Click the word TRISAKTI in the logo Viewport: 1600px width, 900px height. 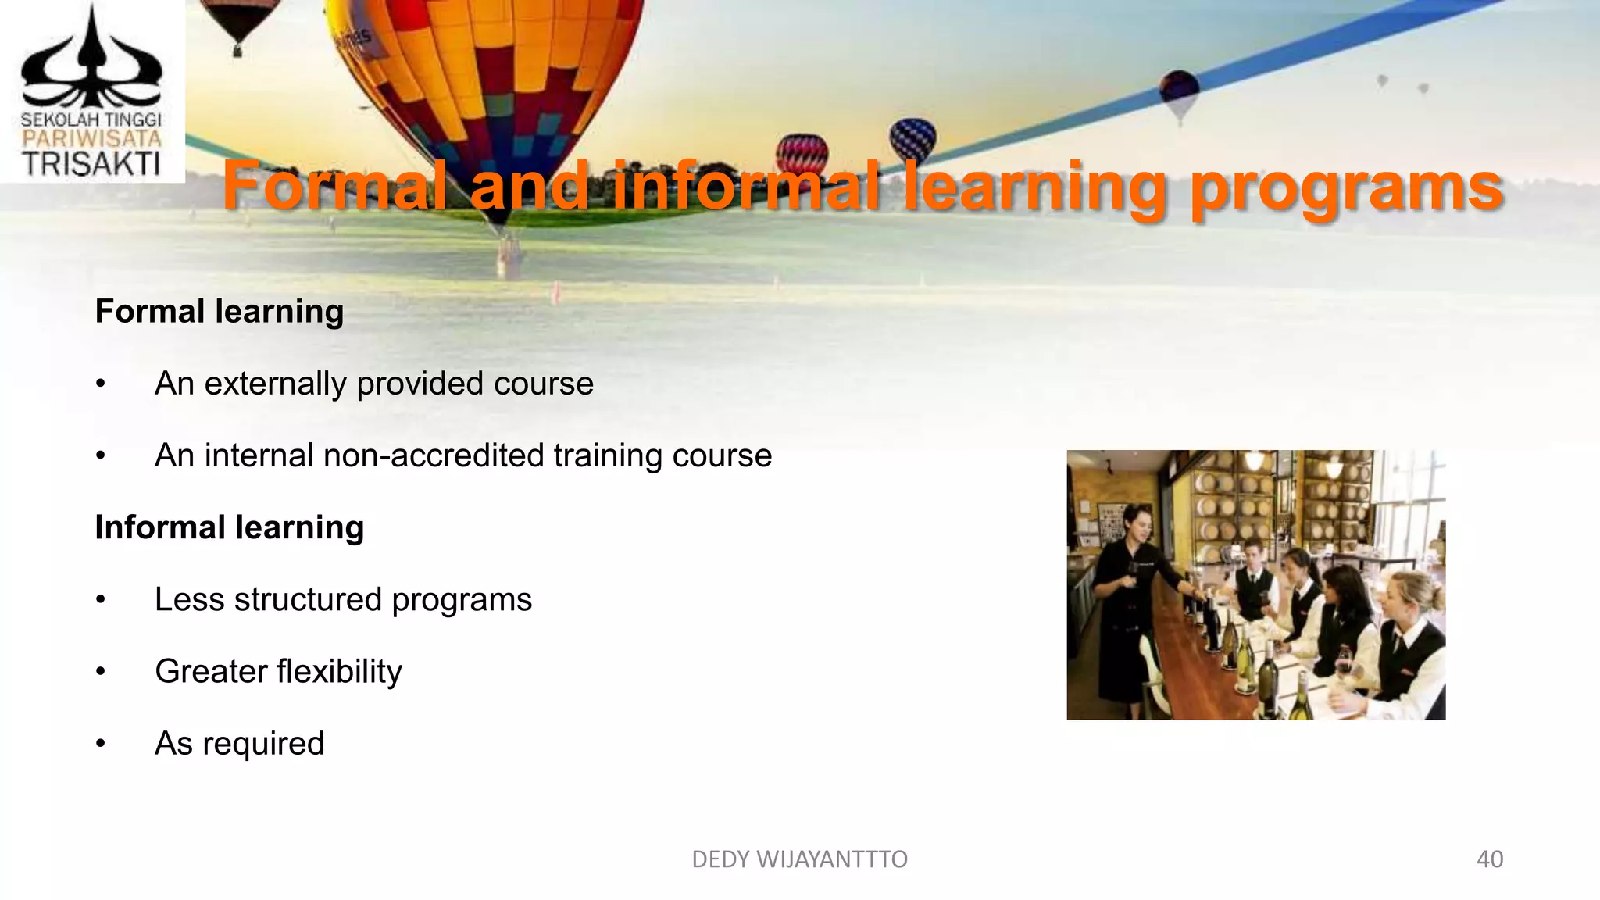[91, 165]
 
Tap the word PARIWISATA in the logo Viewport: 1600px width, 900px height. [91, 139]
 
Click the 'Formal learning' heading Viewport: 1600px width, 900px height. [219, 311]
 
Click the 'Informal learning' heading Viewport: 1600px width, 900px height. [229, 527]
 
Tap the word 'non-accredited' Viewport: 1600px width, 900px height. [433, 455]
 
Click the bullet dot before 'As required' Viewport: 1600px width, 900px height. [100, 744]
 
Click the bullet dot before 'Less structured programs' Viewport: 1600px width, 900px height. [100, 600]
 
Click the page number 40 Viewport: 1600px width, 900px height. [1489, 859]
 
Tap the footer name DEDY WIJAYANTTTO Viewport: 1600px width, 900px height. [799, 859]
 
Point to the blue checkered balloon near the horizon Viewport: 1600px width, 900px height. [912, 138]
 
